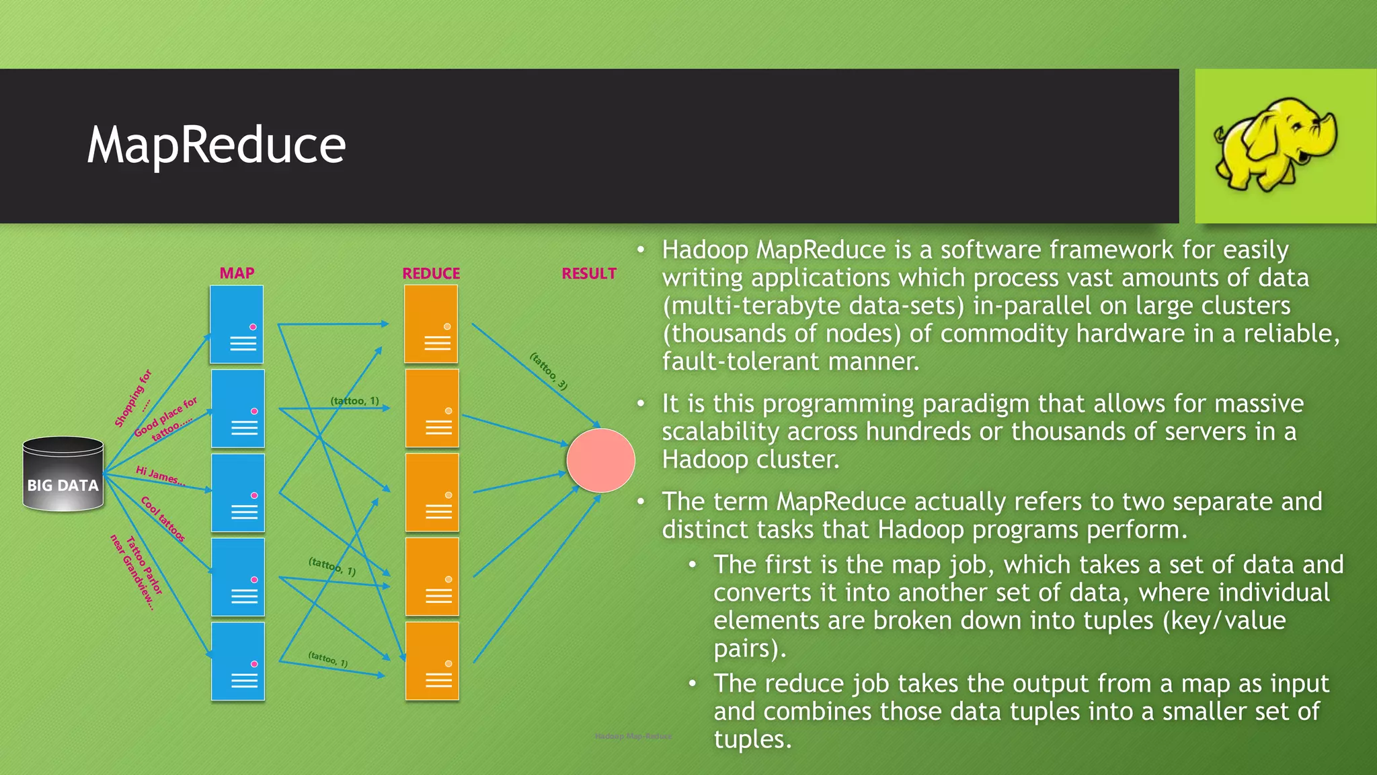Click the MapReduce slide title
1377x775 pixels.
216,145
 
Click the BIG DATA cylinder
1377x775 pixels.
63,474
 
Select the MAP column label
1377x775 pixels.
237,273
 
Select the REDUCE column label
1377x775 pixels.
431,273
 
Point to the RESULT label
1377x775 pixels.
589,273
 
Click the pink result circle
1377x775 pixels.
600,460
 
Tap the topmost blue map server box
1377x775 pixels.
237,324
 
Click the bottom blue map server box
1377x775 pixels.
238,661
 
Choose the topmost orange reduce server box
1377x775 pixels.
431,324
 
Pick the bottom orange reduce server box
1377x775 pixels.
432,661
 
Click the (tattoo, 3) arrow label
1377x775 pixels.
549,371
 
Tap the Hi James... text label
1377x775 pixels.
160,476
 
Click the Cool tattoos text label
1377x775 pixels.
163,519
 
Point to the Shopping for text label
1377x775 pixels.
133,398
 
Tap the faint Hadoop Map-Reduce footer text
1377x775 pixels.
633,736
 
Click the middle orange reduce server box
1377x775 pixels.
432,492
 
